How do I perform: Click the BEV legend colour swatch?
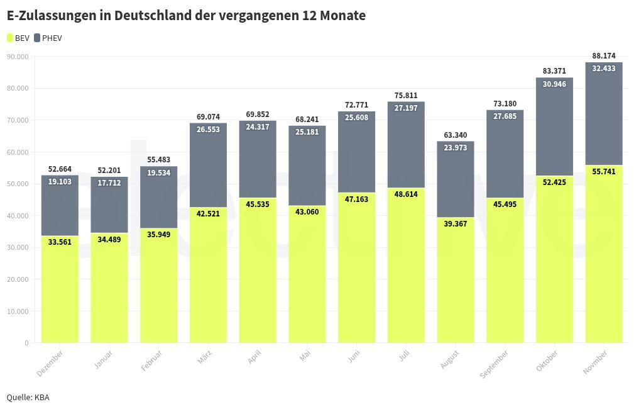10,38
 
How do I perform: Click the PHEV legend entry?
48,38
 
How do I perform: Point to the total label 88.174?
603,56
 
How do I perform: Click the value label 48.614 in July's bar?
405,195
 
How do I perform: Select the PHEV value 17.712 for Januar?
109,184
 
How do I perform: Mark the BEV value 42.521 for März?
208,214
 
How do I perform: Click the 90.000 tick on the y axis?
18,57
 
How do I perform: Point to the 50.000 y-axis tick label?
18,184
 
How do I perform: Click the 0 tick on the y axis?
27,343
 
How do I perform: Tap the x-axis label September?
495,364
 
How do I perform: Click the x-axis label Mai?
305,356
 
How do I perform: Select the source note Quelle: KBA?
28,397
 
